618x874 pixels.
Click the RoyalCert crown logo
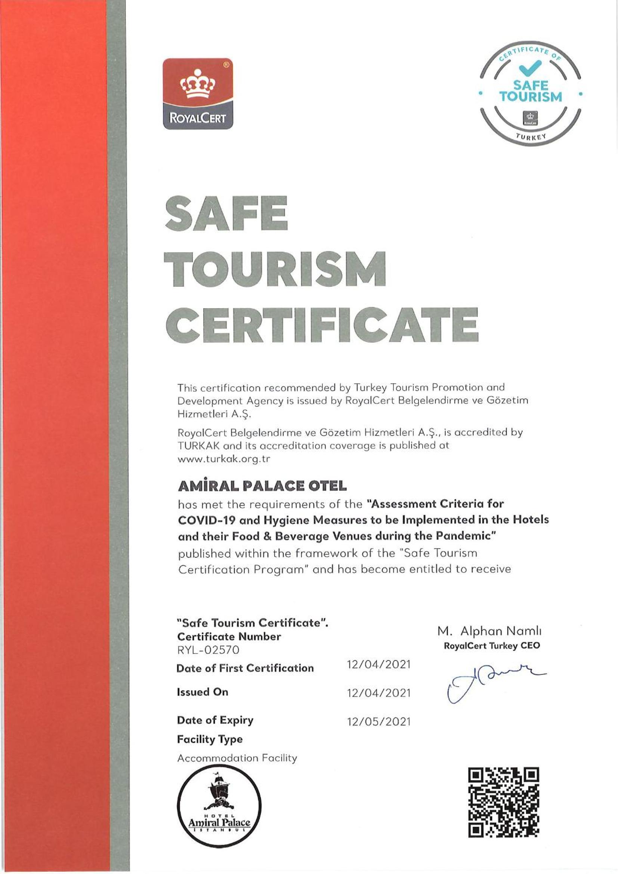[198, 93]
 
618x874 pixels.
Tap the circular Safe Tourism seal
[531, 93]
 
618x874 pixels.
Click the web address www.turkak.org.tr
[224, 459]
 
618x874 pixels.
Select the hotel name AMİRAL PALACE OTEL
[262, 486]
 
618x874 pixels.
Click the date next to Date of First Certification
[378, 665]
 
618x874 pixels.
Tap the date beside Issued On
[378, 693]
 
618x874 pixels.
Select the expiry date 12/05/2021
[378, 722]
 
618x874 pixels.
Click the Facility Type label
[210, 739]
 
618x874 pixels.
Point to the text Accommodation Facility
[237, 758]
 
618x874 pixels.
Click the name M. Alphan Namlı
[489, 631]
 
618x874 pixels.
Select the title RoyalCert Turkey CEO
[492, 646]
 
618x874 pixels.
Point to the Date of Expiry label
[215, 720]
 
